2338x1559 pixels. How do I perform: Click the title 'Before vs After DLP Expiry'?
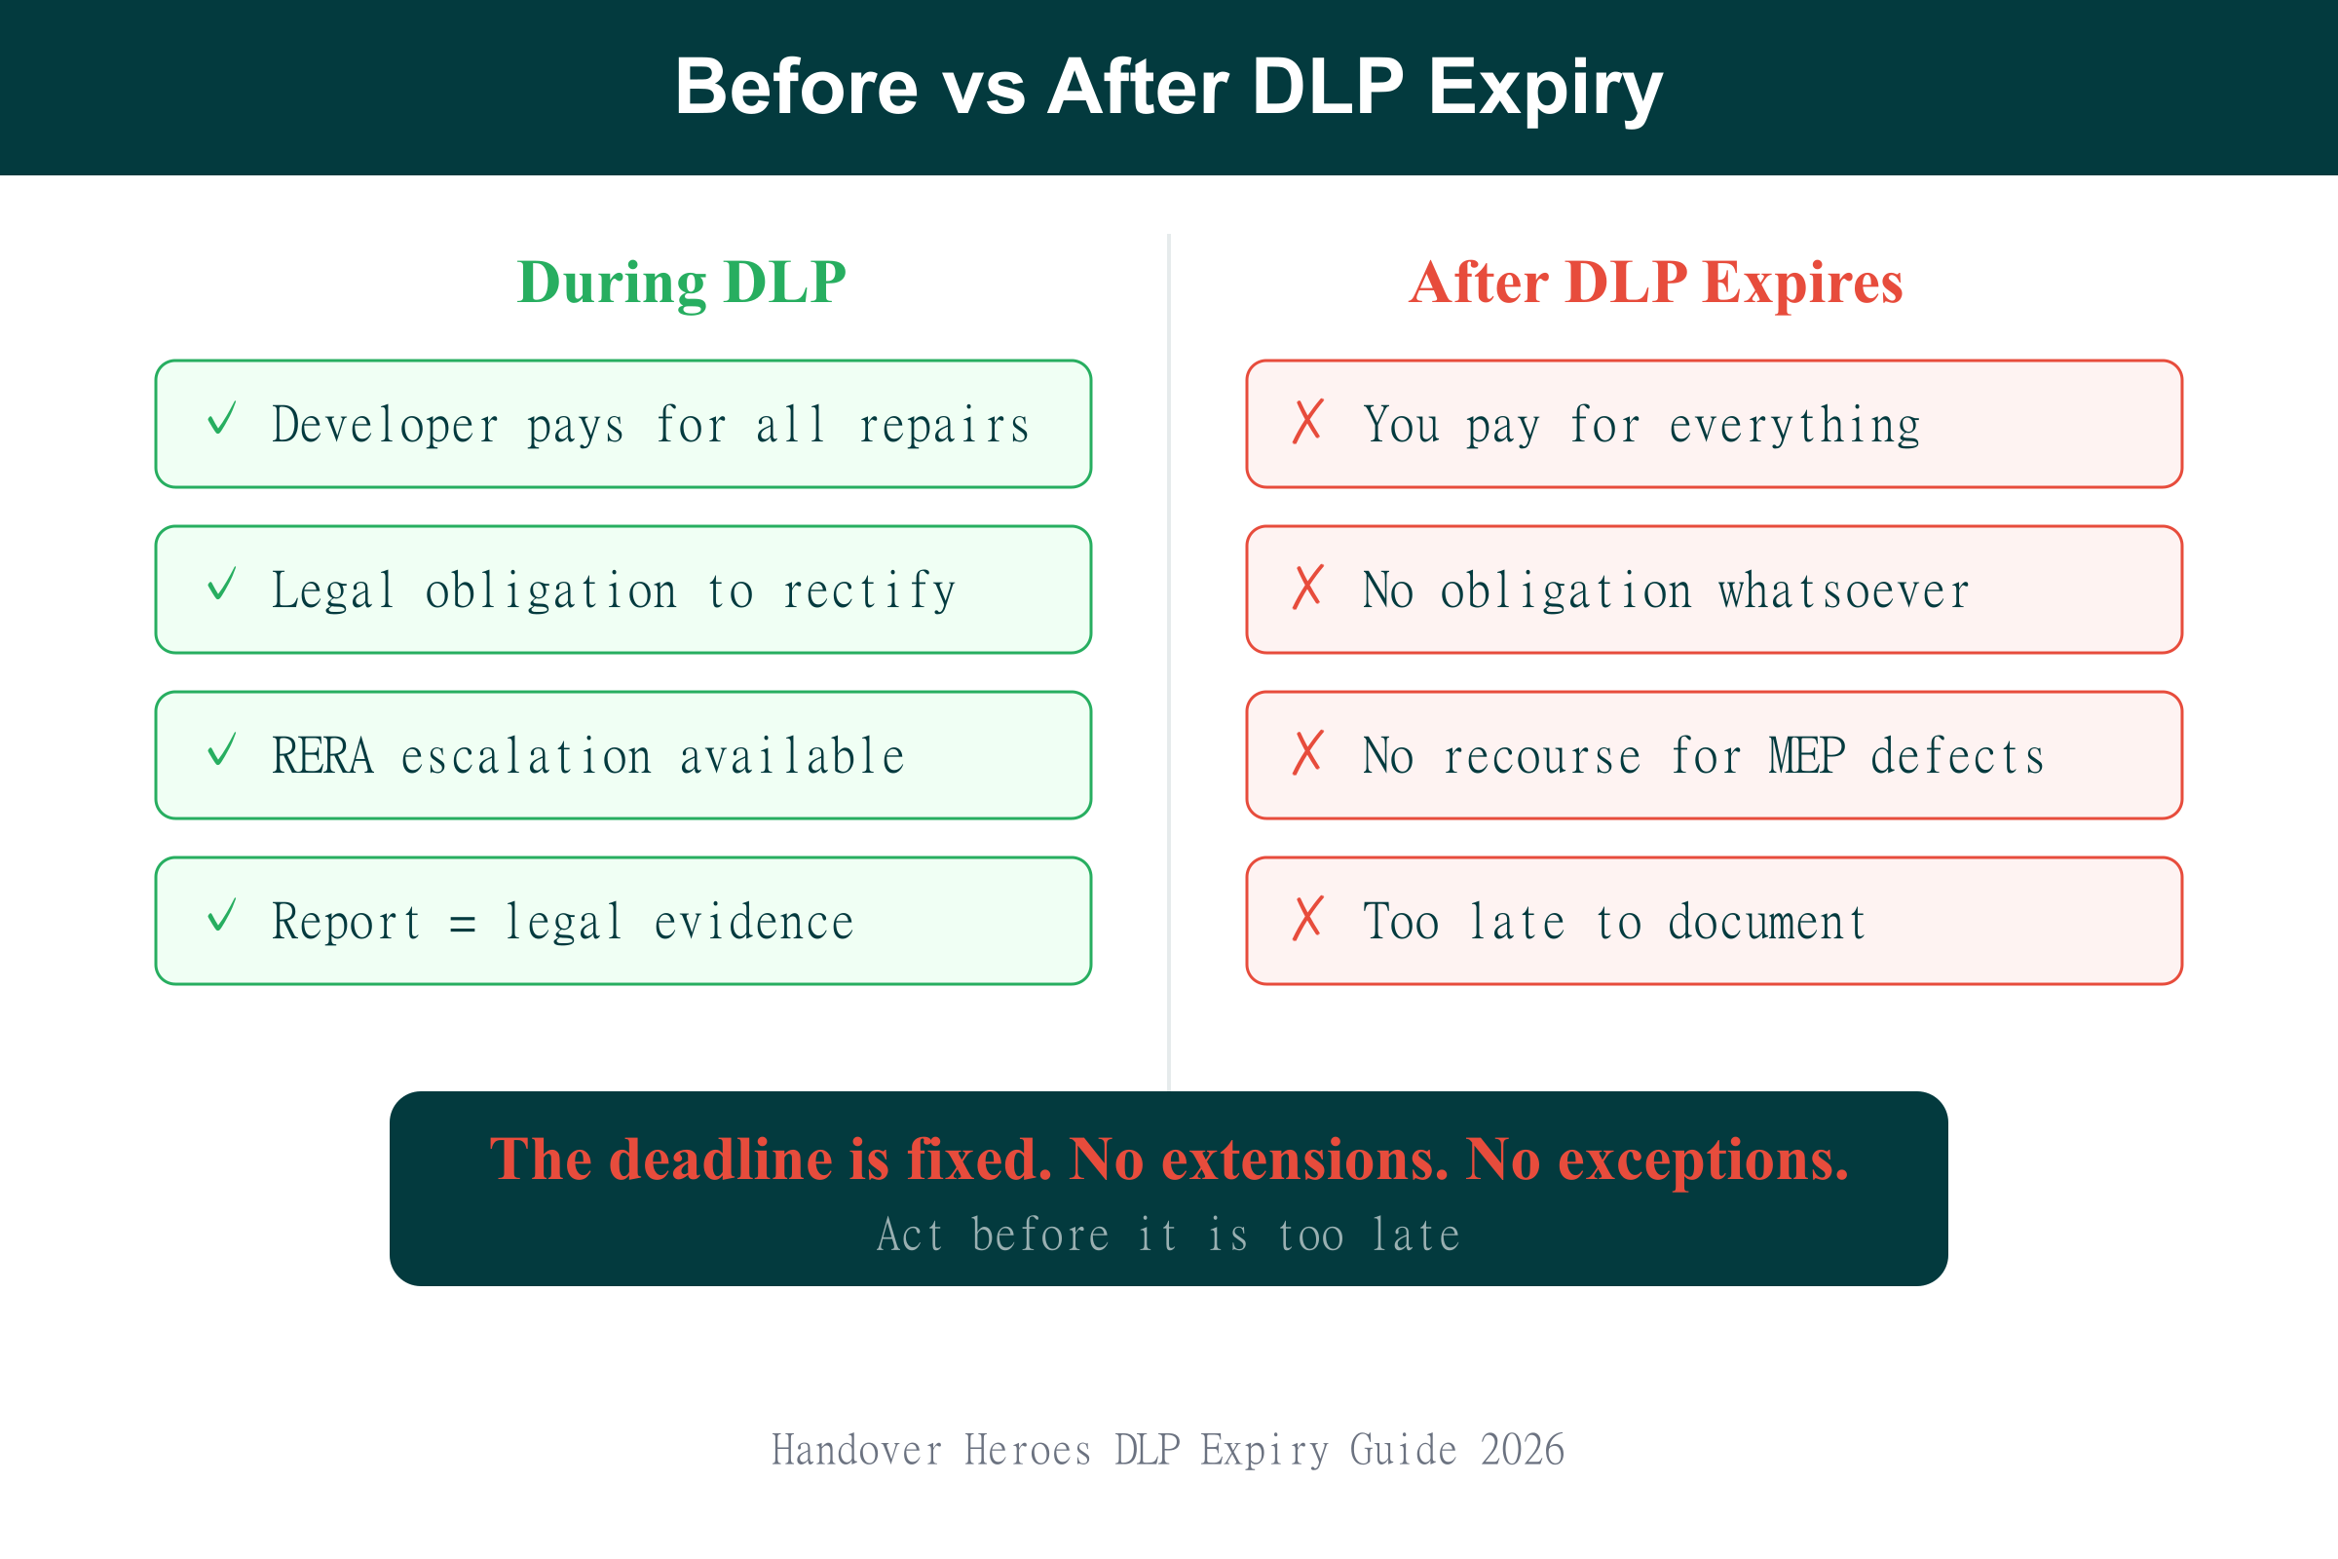pyautogui.click(x=1168, y=88)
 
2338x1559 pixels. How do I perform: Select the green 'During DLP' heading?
pyautogui.click(x=682, y=283)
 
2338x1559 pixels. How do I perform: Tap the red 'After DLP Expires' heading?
pyautogui.click(x=1656, y=283)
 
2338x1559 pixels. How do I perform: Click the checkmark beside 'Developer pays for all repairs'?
pyautogui.click(x=222, y=419)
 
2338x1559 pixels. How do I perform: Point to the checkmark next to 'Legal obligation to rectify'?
pyautogui.click(x=222, y=585)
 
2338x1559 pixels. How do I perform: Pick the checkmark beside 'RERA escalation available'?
pyautogui.click(x=222, y=749)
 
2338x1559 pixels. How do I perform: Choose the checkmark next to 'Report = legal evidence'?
pyautogui.click(x=222, y=916)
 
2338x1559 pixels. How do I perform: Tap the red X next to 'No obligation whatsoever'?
pyautogui.click(x=1308, y=587)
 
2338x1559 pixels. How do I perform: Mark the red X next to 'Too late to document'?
pyautogui.click(x=1308, y=918)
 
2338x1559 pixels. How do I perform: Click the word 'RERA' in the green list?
pyautogui.click(x=323, y=757)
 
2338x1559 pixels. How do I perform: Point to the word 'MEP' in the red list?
pyautogui.click(x=1807, y=757)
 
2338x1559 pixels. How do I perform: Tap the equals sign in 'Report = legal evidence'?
pyautogui.click(x=462, y=924)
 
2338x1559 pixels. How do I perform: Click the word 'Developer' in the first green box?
pyautogui.click(x=386, y=426)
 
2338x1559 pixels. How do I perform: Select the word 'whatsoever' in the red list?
pyautogui.click(x=1844, y=591)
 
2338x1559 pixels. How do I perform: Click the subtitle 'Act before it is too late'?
pyautogui.click(x=1168, y=1236)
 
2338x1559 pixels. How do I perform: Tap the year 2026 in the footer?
pyautogui.click(x=1523, y=1451)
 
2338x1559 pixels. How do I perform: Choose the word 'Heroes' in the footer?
pyautogui.click(x=1028, y=1451)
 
